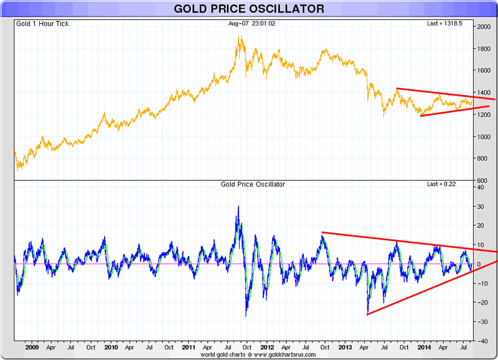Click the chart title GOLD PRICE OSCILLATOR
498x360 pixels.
249,9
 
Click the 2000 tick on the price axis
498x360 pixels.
483,27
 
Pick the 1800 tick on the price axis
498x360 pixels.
483,49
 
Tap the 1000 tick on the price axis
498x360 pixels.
483,137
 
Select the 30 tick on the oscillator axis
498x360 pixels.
482,206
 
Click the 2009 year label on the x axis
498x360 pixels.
33,348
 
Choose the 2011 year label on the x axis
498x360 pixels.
189,348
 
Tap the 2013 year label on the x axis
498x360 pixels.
346,348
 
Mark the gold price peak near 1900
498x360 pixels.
240,37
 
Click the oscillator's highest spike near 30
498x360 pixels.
238,207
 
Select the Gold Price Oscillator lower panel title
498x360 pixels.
253,185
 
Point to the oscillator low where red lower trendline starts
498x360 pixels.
368,314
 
